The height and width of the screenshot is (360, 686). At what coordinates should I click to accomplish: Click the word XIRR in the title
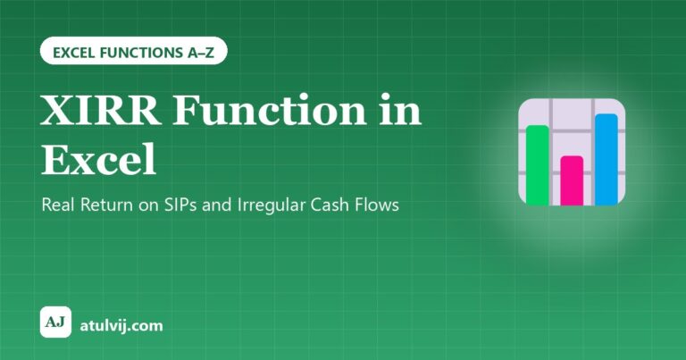(101, 110)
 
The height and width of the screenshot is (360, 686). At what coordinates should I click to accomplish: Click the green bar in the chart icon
(537, 165)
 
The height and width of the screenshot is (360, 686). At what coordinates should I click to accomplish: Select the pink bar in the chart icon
(572, 180)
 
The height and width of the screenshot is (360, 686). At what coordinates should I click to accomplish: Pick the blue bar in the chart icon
(606, 159)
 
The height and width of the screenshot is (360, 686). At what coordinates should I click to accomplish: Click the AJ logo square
(55, 322)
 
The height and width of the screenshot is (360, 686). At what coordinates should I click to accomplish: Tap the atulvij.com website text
(121, 325)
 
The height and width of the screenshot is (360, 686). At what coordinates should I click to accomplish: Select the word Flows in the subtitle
(376, 205)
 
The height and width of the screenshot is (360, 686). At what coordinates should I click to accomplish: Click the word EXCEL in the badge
(74, 53)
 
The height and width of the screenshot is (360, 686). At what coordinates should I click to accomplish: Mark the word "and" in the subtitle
(217, 205)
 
